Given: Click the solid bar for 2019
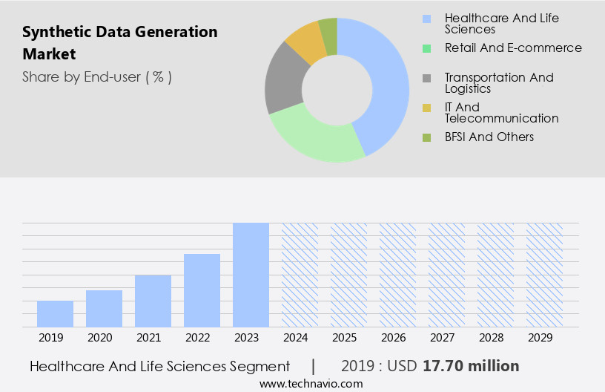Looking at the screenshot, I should pos(55,313).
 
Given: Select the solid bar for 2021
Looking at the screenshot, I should pos(153,301).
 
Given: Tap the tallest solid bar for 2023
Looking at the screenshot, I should pos(251,275).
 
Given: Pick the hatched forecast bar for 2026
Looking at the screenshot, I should pos(397,275).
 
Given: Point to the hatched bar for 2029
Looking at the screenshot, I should pos(544,275).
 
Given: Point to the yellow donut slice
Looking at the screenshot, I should pos(306,42).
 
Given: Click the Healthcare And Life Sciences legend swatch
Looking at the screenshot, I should pos(427,19).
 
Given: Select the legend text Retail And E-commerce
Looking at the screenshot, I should pos(513,48).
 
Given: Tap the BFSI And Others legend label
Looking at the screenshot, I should pos(489,137).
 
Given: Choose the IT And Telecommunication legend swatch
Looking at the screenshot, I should pos(427,108).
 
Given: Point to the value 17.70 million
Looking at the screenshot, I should pos(471,366).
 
